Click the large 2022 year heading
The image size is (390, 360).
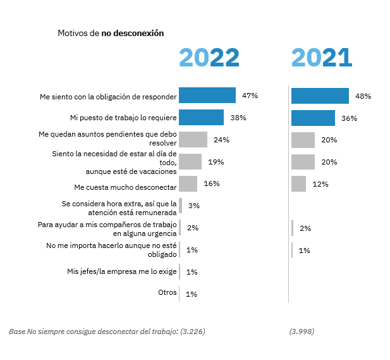209,58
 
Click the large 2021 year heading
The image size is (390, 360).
321,58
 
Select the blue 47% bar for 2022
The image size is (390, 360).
207,96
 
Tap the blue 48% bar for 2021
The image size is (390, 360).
320,96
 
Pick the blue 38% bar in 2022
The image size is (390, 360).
201,118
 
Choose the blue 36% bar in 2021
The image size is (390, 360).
313,118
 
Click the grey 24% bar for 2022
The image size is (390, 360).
193,140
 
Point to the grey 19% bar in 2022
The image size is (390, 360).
190,162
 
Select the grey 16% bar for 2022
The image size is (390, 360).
188,184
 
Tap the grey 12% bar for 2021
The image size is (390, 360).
298,184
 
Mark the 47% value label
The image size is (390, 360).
250,96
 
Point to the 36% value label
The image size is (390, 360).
349,118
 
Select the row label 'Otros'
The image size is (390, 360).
168,293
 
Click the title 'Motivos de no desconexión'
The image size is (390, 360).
111,33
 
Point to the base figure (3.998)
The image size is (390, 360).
302,332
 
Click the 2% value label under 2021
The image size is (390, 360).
305,228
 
